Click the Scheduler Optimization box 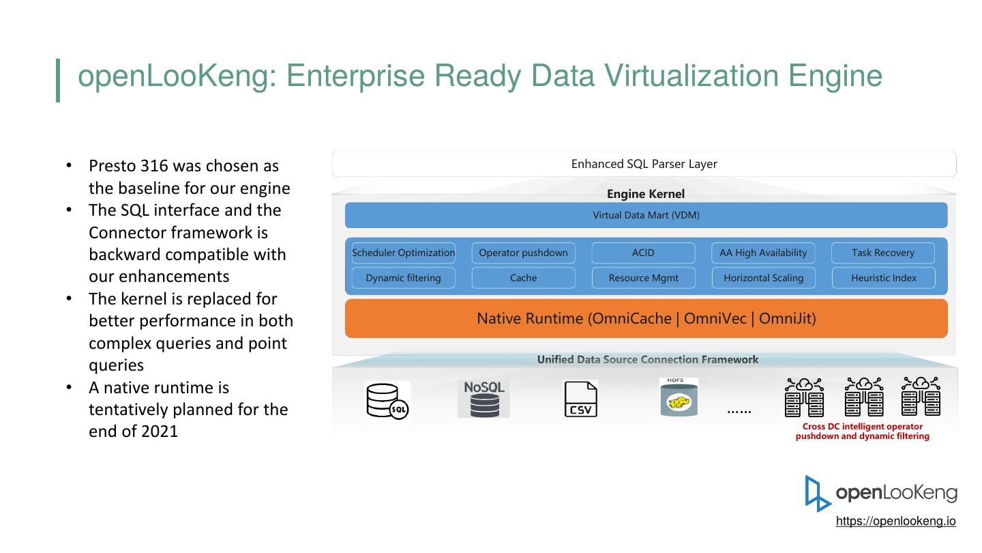[403, 253]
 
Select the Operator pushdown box [523, 253]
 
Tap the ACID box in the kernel [643, 253]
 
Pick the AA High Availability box [763, 253]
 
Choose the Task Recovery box [883, 253]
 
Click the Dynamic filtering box [403, 278]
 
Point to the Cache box [523, 278]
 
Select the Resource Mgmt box [643, 278]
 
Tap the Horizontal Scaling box [763, 278]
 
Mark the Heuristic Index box [883, 278]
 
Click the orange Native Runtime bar [646, 318]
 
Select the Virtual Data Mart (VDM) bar [646, 215]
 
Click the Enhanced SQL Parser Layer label [644, 164]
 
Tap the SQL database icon [387, 401]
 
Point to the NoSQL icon [483, 399]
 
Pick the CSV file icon [580, 399]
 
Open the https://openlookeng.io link [895, 521]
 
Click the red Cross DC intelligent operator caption [862, 431]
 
